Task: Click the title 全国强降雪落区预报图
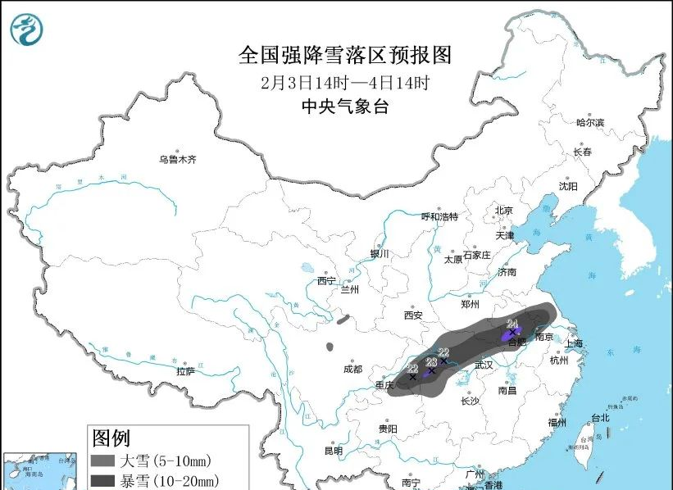coord(344,55)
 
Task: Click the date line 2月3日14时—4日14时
coord(344,83)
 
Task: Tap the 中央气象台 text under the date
coord(344,107)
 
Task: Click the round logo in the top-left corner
coord(26,29)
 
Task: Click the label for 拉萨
coord(186,371)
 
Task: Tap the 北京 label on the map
coord(503,211)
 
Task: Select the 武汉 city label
coord(484,365)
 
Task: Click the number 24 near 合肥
coord(512,323)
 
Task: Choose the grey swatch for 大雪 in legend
coord(103,461)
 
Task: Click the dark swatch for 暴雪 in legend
coord(103,480)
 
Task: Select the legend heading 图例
coord(111,438)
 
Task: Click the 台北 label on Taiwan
coord(599,417)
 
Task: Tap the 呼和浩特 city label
coord(439,216)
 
